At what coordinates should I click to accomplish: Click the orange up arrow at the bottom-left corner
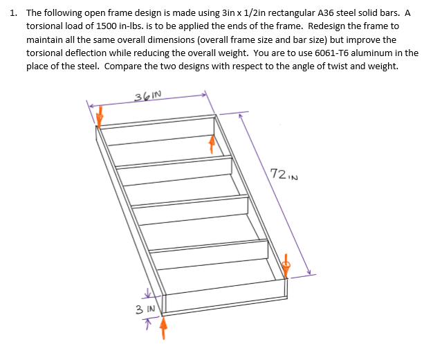pos(163,330)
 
